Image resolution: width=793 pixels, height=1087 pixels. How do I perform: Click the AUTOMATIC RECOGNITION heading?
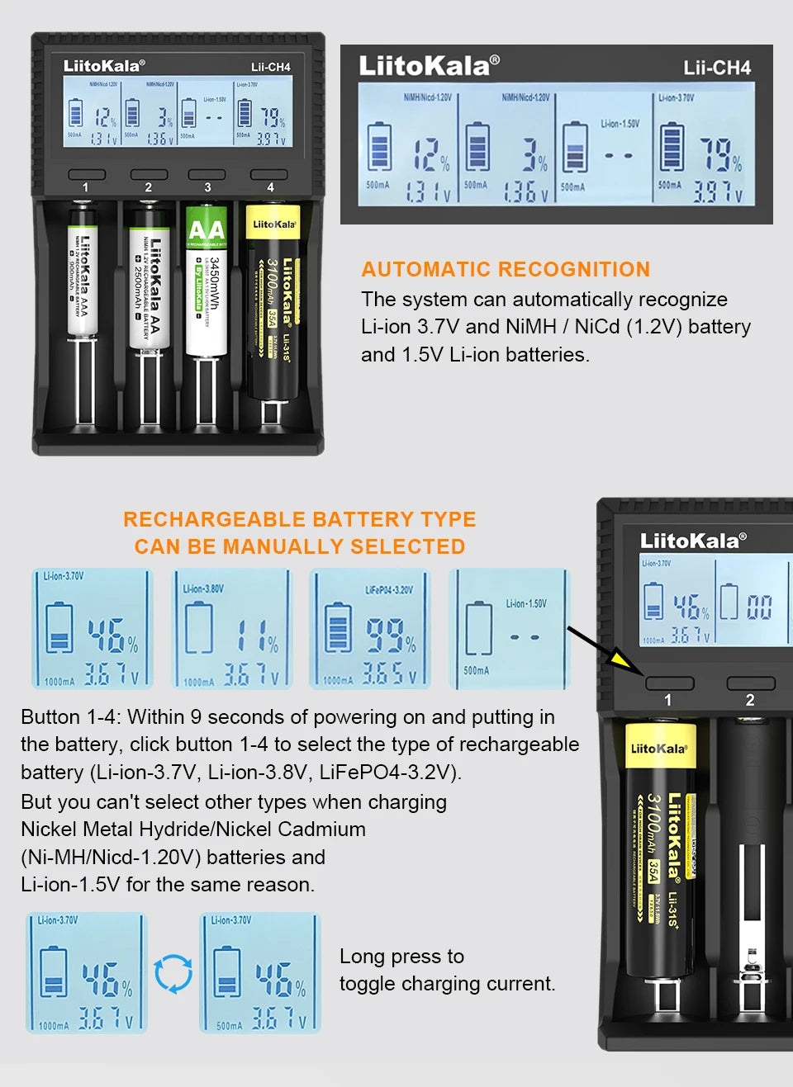(506, 269)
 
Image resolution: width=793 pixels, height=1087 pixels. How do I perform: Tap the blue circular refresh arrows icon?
(173, 974)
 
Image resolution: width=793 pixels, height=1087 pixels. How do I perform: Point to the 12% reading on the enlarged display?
(431, 154)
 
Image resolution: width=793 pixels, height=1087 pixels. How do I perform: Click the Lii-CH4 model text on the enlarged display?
(717, 68)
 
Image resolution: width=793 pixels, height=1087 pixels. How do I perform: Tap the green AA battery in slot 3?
(206, 281)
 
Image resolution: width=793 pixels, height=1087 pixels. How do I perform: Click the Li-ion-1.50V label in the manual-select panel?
(526, 603)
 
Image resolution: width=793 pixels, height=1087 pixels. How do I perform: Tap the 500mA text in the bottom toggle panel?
(229, 1026)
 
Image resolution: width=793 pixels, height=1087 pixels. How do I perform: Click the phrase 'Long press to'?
(401, 956)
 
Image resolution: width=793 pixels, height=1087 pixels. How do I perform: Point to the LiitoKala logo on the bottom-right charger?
(693, 541)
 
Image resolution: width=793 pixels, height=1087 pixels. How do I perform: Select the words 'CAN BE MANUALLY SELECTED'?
(300, 546)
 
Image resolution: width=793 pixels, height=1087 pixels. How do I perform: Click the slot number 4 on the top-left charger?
(270, 187)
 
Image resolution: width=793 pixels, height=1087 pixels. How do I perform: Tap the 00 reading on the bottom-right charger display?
(759, 608)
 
